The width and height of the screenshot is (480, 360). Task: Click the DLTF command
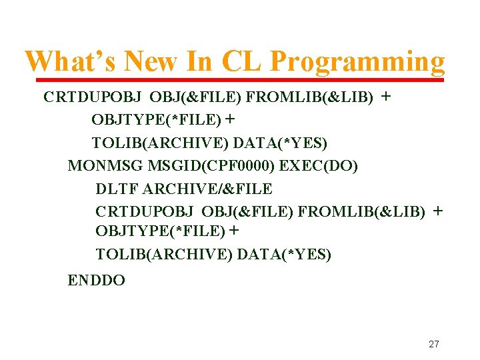point(115,189)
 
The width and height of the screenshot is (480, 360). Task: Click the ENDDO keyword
point(97,281)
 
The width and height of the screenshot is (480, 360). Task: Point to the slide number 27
point(434,344)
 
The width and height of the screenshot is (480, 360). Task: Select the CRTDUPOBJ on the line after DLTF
point(145,212)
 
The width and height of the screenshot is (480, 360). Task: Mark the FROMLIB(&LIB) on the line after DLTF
point(361,212)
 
